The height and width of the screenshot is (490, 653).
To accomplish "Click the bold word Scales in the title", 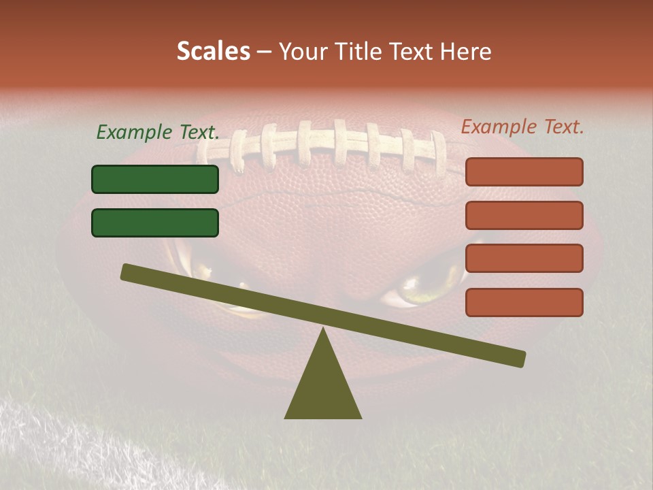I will pyautogui.click(x=213, y=51).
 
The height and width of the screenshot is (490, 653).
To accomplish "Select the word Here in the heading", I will pyautogui.click(x=466, y=52).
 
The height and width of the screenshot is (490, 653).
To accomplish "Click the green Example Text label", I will pyautogui.click(x=158, y=132).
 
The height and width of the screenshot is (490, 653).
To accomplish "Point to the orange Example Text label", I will pyautogui.click(x=522, y=127).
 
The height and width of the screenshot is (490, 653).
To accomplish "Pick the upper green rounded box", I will pyautogui.click(x=155, y=179).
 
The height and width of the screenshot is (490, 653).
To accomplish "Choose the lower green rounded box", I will pyautogui.click(x=155, y=223).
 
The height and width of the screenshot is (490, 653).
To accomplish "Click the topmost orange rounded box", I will pyautogui.click(x=524, y=172).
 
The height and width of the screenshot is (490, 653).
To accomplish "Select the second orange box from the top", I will pyautogui.click(x=524, y=215).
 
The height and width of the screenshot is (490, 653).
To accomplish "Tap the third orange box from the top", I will pyautogui.click(x=524, y=259).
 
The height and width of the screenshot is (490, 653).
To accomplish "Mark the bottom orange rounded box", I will pyautogui.click(x=524, y=302).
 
